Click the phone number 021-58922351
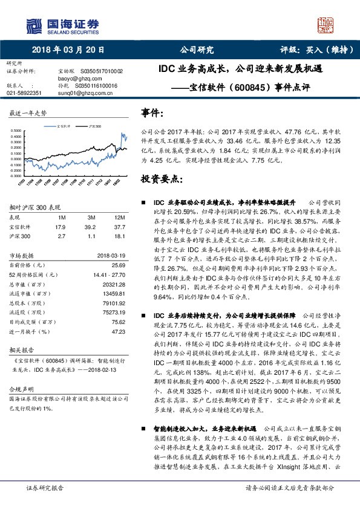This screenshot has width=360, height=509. (x=24, y=93)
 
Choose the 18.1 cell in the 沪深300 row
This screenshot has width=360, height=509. (x=119, y=236)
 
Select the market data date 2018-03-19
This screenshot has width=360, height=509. (x=110, y=255)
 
